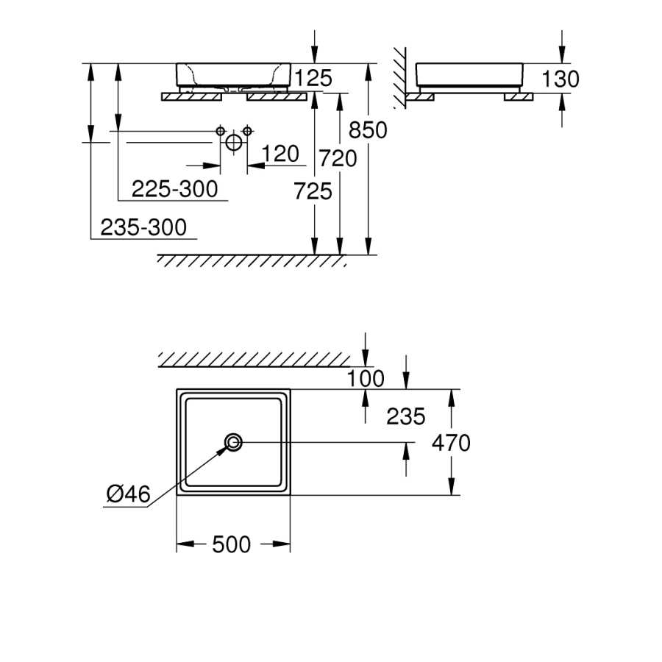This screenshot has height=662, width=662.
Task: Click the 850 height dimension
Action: coord(368,130)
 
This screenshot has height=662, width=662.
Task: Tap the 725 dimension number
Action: coord(313,191)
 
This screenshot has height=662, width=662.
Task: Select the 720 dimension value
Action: coord(338,158)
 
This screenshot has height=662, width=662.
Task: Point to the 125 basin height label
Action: coord(313,78)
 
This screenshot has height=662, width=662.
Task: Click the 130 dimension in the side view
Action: coord(560,79)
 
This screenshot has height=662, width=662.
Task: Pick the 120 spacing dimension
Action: coord(280,154)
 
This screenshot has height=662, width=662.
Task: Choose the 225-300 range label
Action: coord(175,189)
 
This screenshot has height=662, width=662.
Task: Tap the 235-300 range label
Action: coord(143,227)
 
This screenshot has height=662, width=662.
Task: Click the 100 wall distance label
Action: coord(366,378)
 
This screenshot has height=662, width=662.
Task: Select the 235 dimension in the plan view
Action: coord(406,416)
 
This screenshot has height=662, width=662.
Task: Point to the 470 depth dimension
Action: coord(451,443)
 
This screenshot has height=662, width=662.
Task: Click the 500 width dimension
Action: coord(232,544)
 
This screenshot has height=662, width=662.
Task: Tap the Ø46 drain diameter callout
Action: coord(128,494)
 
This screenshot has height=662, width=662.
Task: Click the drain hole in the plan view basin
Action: coord(233,443)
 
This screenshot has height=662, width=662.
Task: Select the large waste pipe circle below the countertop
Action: coord(234,143)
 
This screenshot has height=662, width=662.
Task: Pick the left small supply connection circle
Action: coord(221,131)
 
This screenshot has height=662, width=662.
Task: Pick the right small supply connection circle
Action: coord(247,131)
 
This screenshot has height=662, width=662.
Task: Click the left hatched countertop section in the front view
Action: coord(192,97)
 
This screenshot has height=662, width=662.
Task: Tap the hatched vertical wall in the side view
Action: coord(400,78)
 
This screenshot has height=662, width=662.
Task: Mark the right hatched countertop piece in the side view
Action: coord(519,97)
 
